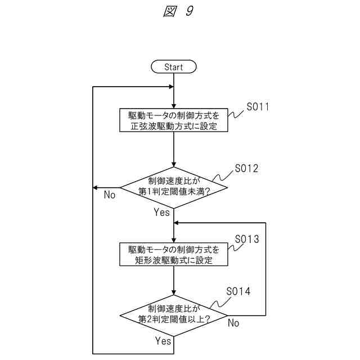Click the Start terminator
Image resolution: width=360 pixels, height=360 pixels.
point(174,67)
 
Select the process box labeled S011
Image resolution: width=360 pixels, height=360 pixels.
point(174,120)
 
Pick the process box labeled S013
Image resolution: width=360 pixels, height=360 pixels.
point(174,254)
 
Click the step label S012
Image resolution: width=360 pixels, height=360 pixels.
point(247,168)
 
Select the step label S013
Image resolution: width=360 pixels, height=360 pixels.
point(247,240)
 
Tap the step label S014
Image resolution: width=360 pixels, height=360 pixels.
point(238,291)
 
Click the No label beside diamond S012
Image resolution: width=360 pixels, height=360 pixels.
point(110,195)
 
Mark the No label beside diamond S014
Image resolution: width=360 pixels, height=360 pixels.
point(233,323)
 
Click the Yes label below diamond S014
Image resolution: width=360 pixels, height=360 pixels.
point(163,341)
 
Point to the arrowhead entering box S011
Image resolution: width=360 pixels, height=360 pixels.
point(174,106)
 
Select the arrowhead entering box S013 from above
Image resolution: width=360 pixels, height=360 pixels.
point(174,240)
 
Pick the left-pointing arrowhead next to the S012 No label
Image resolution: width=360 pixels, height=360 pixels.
point(96,187)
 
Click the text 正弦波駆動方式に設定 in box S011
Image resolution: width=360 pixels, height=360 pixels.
point(174,127)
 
